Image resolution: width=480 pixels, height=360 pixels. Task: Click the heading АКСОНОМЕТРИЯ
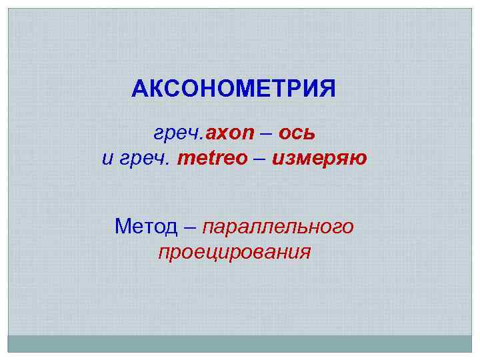234,89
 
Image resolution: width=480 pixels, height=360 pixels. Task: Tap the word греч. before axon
179,135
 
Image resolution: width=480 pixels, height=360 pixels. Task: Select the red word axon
230,135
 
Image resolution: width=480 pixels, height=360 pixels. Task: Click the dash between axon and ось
266,135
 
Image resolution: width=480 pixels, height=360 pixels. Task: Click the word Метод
147,227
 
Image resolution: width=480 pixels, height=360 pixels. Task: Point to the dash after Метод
190,227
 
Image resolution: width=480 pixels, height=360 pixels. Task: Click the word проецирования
234,253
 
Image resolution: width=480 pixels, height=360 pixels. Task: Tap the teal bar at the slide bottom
239,343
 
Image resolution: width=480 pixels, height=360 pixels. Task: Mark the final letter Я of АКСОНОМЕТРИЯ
328,89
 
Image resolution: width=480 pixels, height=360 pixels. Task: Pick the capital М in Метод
124,227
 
